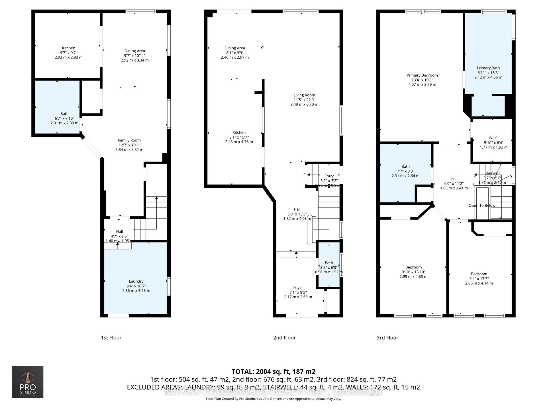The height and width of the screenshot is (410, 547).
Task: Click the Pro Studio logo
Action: click(x=28, y=382)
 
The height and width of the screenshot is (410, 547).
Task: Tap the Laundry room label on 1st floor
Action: click(x=136, y=281)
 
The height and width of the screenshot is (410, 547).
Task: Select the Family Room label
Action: click(x=129, y=140)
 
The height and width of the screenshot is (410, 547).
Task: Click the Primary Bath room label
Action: click(x=488, y=68)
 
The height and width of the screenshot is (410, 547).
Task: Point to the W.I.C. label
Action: click(x=493, y=138)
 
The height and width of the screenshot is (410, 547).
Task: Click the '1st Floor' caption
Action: click(x=111, y=338)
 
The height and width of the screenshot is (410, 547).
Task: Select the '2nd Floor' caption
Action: click(x=284, y=338)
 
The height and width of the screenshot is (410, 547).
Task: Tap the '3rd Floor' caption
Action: click(x=387, y=338)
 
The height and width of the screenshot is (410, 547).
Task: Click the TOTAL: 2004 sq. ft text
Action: click(x=273, y=372)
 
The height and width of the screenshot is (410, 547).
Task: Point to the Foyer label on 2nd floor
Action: click(x=298, y=288)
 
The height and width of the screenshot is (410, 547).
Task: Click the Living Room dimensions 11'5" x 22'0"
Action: click(x=304, y=100)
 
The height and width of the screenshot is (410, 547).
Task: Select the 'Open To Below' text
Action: click(x=482, y=205)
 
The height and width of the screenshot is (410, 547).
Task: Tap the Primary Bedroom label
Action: click(x=422, y=75)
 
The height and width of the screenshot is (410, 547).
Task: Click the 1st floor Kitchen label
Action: click(x=69, y=48)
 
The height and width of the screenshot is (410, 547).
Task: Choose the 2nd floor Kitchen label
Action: click(x=239, y=132)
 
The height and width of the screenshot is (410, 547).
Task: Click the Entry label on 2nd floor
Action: click(x=329, y=176)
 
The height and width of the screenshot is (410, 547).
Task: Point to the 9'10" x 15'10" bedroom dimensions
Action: click(x=413, y=272)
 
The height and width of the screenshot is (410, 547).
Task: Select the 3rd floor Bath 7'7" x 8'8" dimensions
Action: click(x=405, y=171)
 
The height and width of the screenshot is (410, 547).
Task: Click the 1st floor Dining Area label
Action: click(x=134, y=51)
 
